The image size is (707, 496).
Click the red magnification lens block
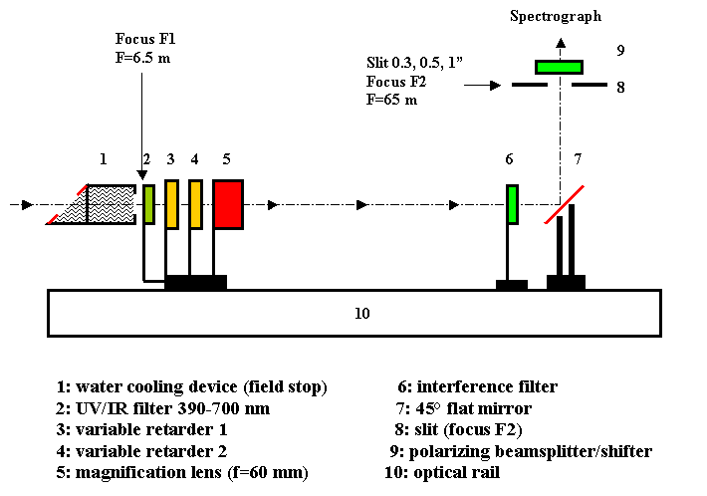click(x=228, y=205)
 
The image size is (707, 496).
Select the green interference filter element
click(x=512, y=204)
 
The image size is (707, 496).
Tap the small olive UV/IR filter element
click(x=148, y=204)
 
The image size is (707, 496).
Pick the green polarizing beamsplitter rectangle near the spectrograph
click(x=559, y=68)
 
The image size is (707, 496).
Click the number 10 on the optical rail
click(x=361, y=314)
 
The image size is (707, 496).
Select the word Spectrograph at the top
click(x=556, y=17)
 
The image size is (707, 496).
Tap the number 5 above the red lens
click(x=226, y=158)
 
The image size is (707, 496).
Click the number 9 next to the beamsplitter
click(x=620, y=50)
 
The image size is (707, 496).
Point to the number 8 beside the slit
click(x=620, y=88)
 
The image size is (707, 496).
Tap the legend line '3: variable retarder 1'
click(x=142, y=429)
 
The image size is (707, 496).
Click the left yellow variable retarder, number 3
click(x=171, y=204)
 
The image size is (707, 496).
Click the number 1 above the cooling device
click(x=103, y=158)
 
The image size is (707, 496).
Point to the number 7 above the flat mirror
click(x=575, y=158)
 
